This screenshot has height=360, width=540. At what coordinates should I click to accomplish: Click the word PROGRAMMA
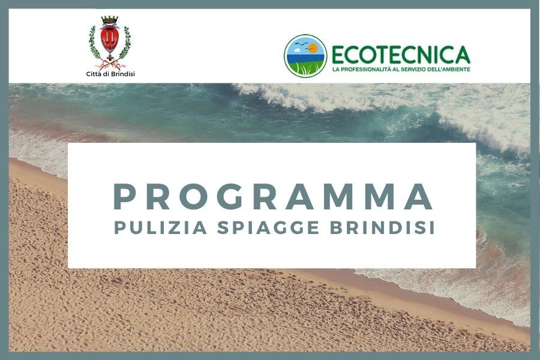click(273, 197)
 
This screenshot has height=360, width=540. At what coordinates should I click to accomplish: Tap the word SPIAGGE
click(269, 228)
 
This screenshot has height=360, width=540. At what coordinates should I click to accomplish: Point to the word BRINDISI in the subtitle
click(382, 228)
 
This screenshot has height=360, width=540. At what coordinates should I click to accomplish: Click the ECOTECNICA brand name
click(401, 55)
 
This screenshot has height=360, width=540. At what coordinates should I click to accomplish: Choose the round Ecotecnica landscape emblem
click(305, 56)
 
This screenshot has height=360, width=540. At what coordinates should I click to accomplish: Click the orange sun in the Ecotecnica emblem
click(313, 47)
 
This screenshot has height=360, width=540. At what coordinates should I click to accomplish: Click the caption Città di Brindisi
click(110, 74)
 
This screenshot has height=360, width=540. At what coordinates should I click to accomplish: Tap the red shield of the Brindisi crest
click(110, 39)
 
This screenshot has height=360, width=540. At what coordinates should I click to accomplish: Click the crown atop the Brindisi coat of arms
click(110, 20)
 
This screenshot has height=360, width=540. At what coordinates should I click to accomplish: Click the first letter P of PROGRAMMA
click(123, 197)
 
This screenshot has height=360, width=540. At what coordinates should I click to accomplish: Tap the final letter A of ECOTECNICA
click(461, 55)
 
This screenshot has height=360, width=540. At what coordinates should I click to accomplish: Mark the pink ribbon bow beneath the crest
click(110, 65)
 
